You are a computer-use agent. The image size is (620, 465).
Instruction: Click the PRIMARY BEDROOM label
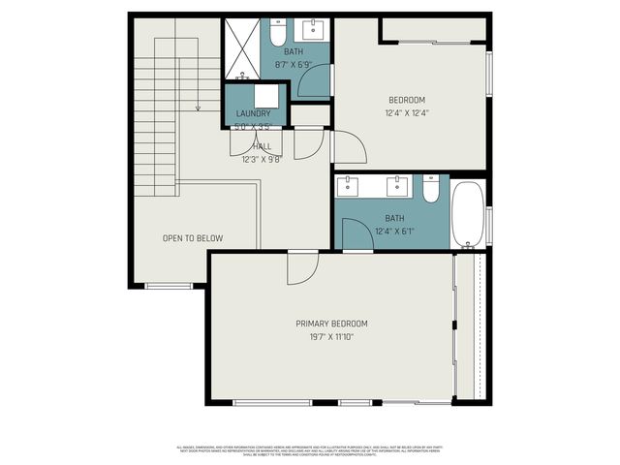coord(331,324)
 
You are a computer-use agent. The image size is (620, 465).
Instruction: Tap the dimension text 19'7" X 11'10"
coord(331,337)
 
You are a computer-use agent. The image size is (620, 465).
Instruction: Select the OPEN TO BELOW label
coord(193,238)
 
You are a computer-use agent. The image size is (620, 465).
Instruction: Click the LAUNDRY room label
coord(254,114)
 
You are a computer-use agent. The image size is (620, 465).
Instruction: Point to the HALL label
coord(262,146)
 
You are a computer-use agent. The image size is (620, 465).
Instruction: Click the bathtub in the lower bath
coord(467,214)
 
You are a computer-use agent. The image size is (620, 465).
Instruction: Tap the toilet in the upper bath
coord(277,36)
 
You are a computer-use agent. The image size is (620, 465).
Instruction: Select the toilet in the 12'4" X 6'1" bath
coord(431,186)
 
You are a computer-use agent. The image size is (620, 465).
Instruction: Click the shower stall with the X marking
coord(243,48)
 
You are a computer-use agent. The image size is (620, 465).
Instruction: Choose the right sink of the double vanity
coord(397,185)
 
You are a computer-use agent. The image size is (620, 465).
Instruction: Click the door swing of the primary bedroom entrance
coord(302,269)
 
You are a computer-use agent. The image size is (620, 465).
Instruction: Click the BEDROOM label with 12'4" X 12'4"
coord(407,100)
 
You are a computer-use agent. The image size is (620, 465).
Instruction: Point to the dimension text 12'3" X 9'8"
coord(262,160)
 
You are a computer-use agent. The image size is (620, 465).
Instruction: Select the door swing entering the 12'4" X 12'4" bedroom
coord(347,145)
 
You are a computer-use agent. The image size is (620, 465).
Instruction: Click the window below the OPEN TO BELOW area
coord(169,285)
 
